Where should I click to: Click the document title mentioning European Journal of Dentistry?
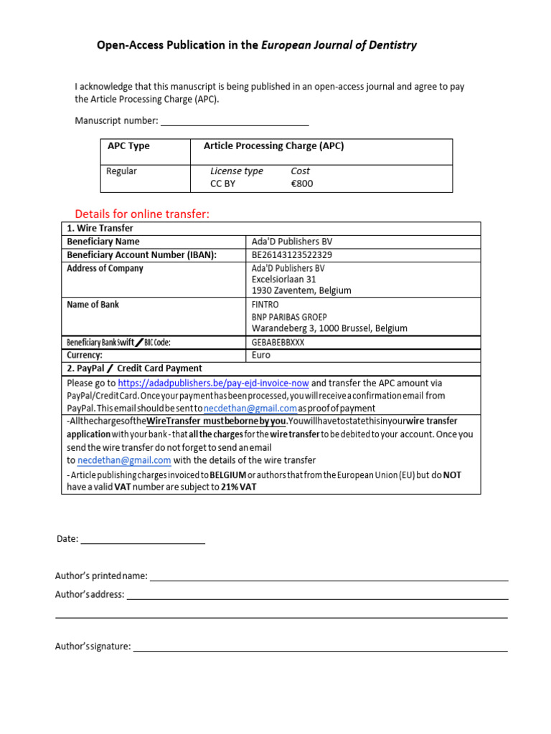257,45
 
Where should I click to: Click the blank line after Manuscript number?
234,122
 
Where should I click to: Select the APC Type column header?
128,146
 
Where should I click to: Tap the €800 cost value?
302,183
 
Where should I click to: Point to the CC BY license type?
222,183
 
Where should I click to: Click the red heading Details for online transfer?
142,214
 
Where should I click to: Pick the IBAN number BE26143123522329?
292,255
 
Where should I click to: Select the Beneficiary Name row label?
103,242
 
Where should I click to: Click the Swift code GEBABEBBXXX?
278,342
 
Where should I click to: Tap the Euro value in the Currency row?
261,355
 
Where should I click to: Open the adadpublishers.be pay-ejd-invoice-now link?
213,383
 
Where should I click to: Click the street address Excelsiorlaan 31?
283,280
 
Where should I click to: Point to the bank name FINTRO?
265,305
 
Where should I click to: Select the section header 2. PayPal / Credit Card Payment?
134,368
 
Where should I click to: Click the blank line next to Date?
143,540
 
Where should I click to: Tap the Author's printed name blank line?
329,577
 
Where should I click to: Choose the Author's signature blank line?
321,647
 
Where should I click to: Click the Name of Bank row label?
93,305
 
